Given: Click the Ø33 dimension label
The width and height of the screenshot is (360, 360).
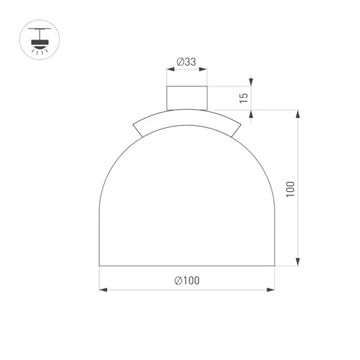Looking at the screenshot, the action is click(x=186, y=62).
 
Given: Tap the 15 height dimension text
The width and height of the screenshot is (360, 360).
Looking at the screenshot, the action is click(x=244, y=98).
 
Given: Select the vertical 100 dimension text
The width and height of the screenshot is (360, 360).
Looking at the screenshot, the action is click(x=290, y=189).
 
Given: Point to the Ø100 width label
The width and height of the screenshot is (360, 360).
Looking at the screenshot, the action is click(x=187, y=281).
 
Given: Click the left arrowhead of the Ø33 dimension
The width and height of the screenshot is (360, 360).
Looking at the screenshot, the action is click(x=171, y=69).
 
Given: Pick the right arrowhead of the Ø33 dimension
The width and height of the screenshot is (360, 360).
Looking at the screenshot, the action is click(x=203, y=69).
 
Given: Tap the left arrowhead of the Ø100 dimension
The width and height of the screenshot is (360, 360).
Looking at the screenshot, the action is click(x=103, y=290).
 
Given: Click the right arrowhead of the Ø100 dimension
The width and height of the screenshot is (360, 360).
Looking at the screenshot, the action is click(x=270, y=290).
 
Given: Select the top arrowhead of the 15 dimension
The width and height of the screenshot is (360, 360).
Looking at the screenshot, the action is click(x=251, y=82).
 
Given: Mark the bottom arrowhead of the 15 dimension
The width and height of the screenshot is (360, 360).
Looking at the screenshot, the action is click(x=251, y=114).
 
